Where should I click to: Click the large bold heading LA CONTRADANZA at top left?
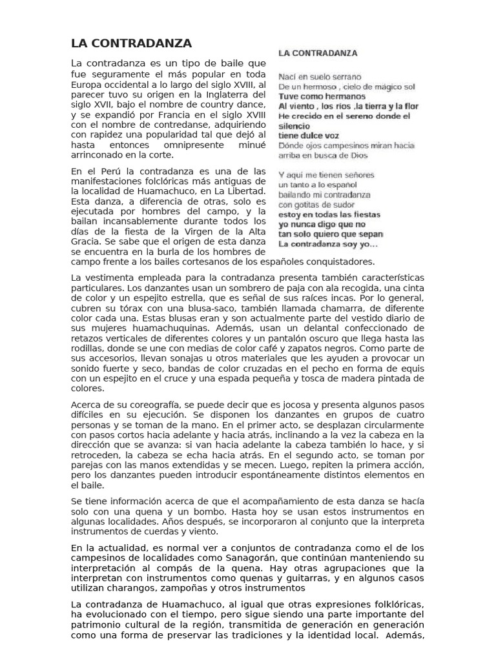click(x=131, y=44)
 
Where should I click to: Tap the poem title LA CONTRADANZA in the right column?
click(x=318, y=53)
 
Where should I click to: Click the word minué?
click(x=251, y=145)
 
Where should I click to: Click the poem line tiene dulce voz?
click(x=308, y=136)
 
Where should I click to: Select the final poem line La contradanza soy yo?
click(x=328, y=245)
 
